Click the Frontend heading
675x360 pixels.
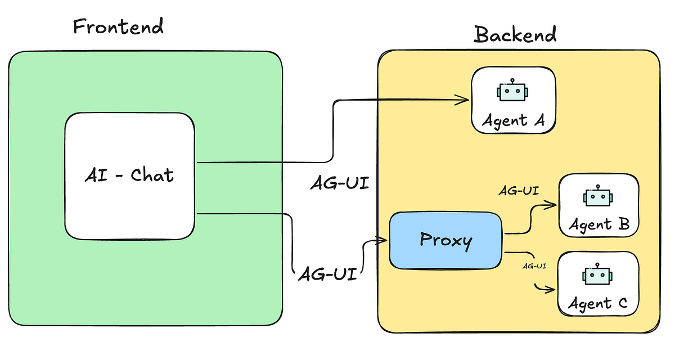(118, 26)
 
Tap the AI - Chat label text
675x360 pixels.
(129, 175)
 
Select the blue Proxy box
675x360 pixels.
(445, 240)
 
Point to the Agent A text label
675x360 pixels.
(512, 120)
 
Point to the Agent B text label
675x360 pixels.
(598, 224)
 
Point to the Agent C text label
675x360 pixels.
(597, 304)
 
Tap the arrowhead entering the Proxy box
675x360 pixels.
(384, 241)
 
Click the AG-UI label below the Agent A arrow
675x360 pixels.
(340, 184)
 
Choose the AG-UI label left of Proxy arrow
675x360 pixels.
(327, 274)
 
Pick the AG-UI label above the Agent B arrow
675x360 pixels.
(519, 190)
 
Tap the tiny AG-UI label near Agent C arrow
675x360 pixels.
(534, 265)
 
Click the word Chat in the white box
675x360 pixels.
(152, 175)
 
